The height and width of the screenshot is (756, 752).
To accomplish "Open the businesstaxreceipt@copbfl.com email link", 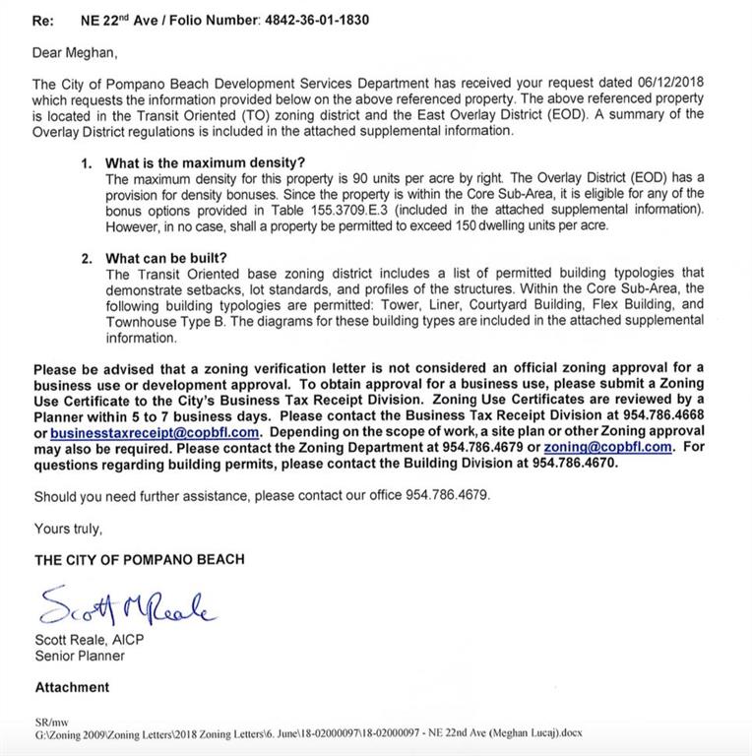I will (155, 431).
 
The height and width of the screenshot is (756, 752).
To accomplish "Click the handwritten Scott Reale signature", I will (129, 606).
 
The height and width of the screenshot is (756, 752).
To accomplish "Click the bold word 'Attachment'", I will (73, 687).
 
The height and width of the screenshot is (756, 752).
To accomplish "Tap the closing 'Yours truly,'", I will (68, 529).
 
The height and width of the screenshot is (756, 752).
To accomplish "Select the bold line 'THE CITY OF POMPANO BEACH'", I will (140, 559).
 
